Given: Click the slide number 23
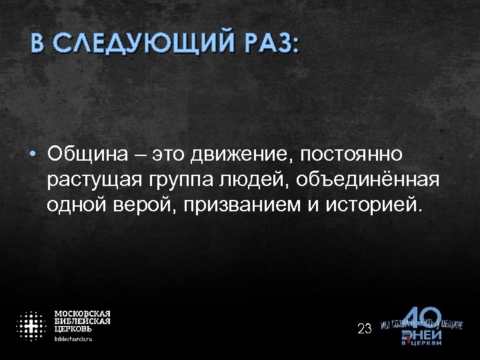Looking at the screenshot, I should (x=365, y=328).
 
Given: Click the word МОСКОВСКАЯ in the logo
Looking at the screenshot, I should (x=82, y=313).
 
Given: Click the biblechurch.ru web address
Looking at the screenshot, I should (x=73, y=339).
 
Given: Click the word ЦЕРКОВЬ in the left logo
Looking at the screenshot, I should (x=73, y=329).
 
